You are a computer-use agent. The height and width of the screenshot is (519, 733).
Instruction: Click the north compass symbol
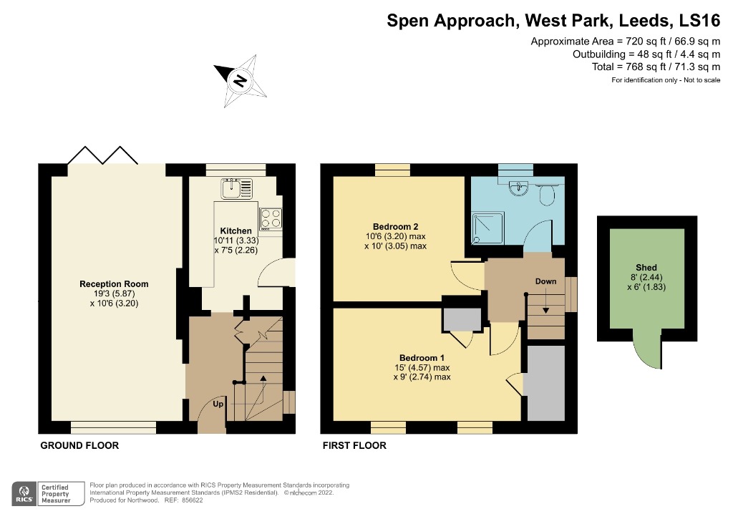coord(240,80)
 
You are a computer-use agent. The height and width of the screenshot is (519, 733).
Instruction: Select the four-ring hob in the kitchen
coord(271,218)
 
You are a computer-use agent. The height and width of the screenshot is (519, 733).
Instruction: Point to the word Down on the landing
coord(545,281)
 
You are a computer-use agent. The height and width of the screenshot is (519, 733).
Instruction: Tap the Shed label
coord(646,268)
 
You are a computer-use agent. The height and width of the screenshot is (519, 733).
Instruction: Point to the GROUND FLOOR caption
coord(79,445)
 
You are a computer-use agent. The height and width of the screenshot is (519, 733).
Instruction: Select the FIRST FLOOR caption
coord(354,445)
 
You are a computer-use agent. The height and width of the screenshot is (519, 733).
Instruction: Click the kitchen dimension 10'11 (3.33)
coord(236,241)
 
